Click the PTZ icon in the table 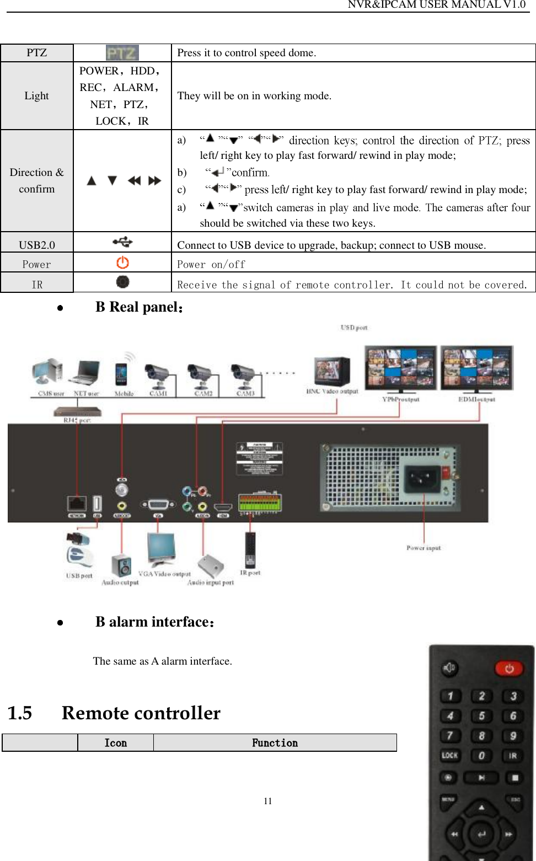click(122, 53)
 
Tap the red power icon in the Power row click(122, 263)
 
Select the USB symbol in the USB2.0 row click(122, 242)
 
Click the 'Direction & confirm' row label click(37, 180)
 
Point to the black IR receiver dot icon click(122, 282)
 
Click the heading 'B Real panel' click(139, 307)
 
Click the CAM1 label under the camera click(159, 394)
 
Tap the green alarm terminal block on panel click(259, 503)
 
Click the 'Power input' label click(424, 548)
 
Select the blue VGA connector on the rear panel click(158, 505)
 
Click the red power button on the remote click(508, 669)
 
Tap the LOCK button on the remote click(449, 756)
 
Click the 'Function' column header click(275, 743)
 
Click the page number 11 click(268, 801)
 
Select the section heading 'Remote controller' click(141, 713)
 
